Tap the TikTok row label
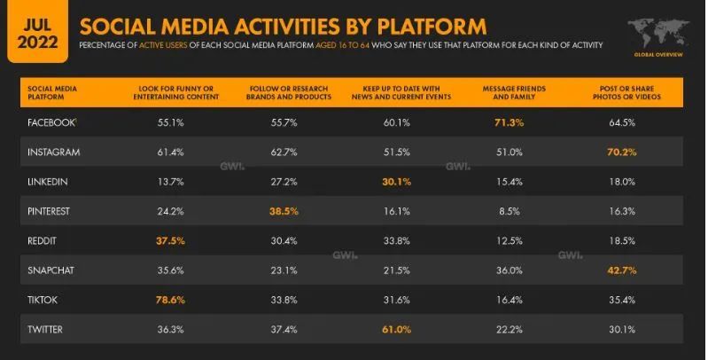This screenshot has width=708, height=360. (45, 301)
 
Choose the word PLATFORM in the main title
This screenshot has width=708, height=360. (426, 25)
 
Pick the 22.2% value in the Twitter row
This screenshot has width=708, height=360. (511, 331)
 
